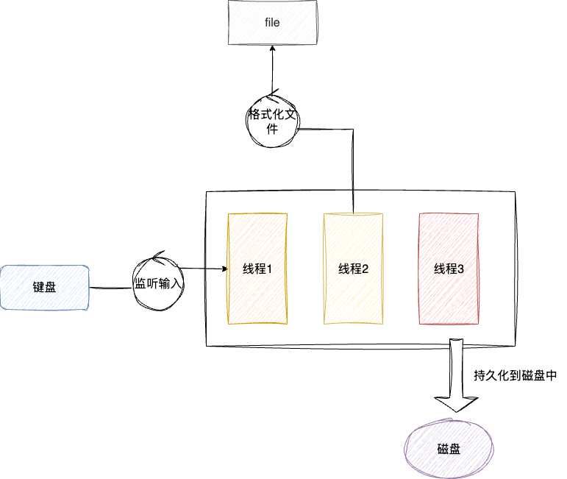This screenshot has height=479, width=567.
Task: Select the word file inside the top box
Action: tap(272, 23)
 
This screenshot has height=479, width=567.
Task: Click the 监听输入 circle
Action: tap(156, 283)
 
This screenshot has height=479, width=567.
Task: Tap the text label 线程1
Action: tap(257, 269)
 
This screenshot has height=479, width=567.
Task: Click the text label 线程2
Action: tap(353, 269)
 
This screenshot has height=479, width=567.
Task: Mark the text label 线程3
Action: tap(449, 269)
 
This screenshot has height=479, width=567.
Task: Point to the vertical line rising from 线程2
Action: tap(354, 169)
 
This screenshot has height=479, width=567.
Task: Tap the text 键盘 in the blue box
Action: tap(44, 288)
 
